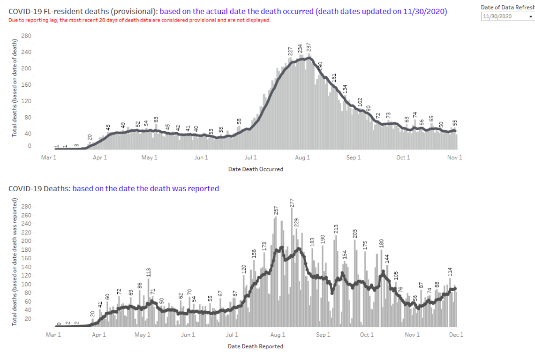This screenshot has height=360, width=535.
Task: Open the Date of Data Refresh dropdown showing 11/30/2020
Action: (508, 16)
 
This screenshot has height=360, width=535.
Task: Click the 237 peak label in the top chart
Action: (309, 47)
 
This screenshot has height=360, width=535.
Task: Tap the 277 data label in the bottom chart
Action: (292, 203)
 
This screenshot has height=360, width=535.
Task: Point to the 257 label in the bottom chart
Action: (276, 210)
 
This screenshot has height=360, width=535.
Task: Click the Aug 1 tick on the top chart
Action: (302, 157)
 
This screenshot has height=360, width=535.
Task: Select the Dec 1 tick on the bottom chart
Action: (456, 335)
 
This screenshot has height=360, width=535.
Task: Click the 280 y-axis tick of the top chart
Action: (26, 36)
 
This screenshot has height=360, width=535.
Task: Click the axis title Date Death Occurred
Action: (256, 169)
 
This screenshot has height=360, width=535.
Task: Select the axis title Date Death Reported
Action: (256, 346)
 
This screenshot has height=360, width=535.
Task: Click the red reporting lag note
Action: (139, 21)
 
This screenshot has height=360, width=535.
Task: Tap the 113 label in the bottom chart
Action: (149, 272)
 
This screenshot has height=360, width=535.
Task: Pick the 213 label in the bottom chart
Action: (336, 229)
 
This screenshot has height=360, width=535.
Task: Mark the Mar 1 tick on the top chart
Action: (49, 157)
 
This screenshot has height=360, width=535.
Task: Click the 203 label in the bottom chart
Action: (355, 234)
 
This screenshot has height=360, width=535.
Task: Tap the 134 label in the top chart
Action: (345, 89)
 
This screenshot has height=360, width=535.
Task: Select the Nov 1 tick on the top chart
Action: (455, 157)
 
